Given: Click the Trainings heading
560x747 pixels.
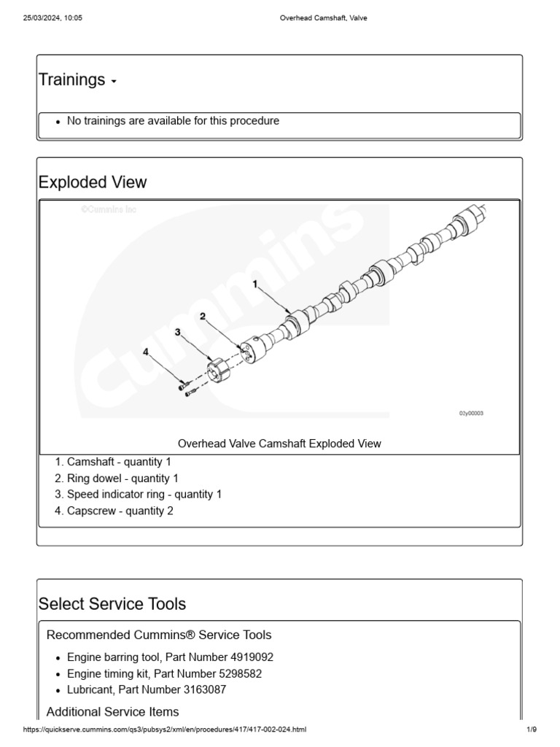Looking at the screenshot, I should pyautogui.click(x=71, y=80).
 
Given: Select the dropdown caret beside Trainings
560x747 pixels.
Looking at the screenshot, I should pyautogui.click(x=114, y=82).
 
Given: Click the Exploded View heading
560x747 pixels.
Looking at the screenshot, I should pyautogui.click(x=92, y=182).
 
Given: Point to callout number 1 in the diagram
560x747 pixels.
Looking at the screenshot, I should pyautogui.click(x=255, y=285).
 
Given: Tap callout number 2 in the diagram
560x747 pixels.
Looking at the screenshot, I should pyautogui.click(x=202, y=317).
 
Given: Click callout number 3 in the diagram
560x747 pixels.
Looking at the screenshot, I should pyautogui.click(x=177, y=332).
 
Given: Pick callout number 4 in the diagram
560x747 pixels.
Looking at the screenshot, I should pyautogui.click(x=146, y=351).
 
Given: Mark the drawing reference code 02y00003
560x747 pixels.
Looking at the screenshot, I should pyautogui.click(x=471, y=413).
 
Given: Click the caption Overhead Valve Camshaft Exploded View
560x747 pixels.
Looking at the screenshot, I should pyautogui.click(x=279, y=444).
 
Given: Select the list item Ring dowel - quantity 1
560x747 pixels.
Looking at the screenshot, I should pyautogui.click(x=122, y=479).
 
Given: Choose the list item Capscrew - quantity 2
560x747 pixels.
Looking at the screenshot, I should pyautogui.click(x=120, y=511).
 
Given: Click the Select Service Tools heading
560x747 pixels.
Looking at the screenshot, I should pyautogui.click(x=112, y=604).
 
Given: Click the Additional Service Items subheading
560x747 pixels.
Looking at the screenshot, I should pyautogui.click(x=112, y=711).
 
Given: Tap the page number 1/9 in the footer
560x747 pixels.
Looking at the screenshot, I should pyautogui.click(x=532, y=729).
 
